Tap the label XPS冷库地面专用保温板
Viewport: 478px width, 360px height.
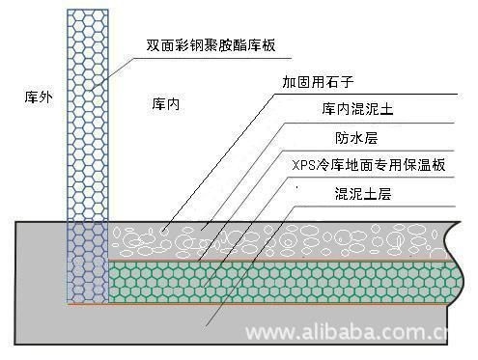coord(368,165)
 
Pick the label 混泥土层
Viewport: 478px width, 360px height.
coord(363,193)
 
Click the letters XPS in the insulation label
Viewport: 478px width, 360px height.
coord(303,165)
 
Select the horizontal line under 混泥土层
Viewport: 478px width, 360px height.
coord(386,205)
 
